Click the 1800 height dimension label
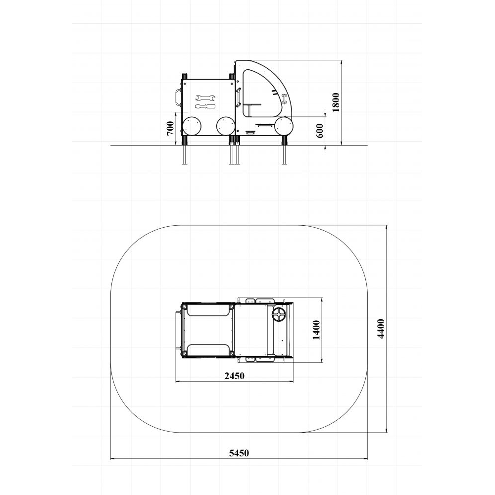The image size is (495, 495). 336,102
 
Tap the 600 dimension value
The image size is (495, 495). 319,131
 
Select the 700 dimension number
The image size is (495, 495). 170,128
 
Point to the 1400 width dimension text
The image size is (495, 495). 316,330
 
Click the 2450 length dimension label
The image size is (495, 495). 234,376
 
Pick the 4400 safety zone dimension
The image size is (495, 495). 381,329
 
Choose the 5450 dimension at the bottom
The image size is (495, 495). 239,453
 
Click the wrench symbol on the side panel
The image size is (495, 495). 205,98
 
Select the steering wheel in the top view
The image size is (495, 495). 279,315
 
